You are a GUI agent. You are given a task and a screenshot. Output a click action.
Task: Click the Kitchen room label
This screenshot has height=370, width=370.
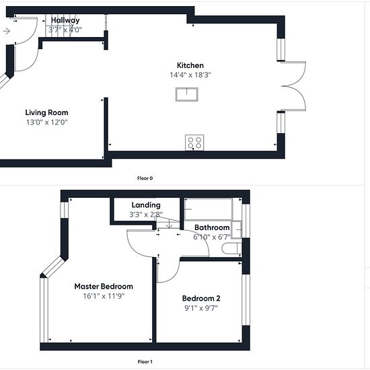coord(190,65)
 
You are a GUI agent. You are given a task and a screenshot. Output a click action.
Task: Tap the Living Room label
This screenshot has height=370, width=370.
coord(46,112)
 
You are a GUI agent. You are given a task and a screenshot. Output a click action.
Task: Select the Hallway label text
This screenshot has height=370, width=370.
coord(65,20)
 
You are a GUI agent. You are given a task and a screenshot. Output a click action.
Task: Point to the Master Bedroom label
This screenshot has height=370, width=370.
coord(104,287)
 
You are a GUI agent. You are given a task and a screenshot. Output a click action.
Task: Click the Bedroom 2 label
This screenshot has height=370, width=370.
coord(201,298)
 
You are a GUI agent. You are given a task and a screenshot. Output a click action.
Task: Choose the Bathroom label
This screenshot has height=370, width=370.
coord(212,227)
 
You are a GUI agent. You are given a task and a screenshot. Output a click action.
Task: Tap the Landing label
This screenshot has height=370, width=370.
coord(146,205)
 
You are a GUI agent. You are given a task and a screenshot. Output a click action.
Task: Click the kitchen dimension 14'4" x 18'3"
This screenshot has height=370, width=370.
coord(190,75)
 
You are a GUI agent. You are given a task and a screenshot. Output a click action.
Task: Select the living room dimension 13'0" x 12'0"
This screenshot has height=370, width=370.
coord(47,122)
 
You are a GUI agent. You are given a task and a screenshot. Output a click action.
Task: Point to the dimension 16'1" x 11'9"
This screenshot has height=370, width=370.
coord(104,296)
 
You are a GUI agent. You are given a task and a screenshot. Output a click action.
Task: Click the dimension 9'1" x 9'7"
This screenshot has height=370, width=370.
coord(201,308)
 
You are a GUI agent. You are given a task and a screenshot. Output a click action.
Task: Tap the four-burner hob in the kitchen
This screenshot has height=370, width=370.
coord(194,143)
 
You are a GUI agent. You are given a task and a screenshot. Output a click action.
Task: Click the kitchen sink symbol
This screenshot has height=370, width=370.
coord(187,94)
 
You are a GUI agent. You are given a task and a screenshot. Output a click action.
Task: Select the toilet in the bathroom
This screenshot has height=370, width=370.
coord(231,248)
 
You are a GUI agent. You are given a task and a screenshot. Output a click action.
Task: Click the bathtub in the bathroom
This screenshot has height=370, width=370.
coord(208,209)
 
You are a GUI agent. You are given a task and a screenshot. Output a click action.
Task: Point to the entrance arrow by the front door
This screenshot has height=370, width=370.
coord(6,31)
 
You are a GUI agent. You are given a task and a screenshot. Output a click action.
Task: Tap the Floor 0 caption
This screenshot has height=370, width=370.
coord(145,178)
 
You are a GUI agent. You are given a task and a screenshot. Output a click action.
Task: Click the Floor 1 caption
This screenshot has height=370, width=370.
coord(145,361)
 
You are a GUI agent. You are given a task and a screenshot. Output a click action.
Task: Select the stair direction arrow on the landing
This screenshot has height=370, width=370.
coord(169,223)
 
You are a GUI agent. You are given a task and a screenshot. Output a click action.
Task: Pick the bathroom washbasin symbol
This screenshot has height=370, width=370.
coord(236,229)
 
